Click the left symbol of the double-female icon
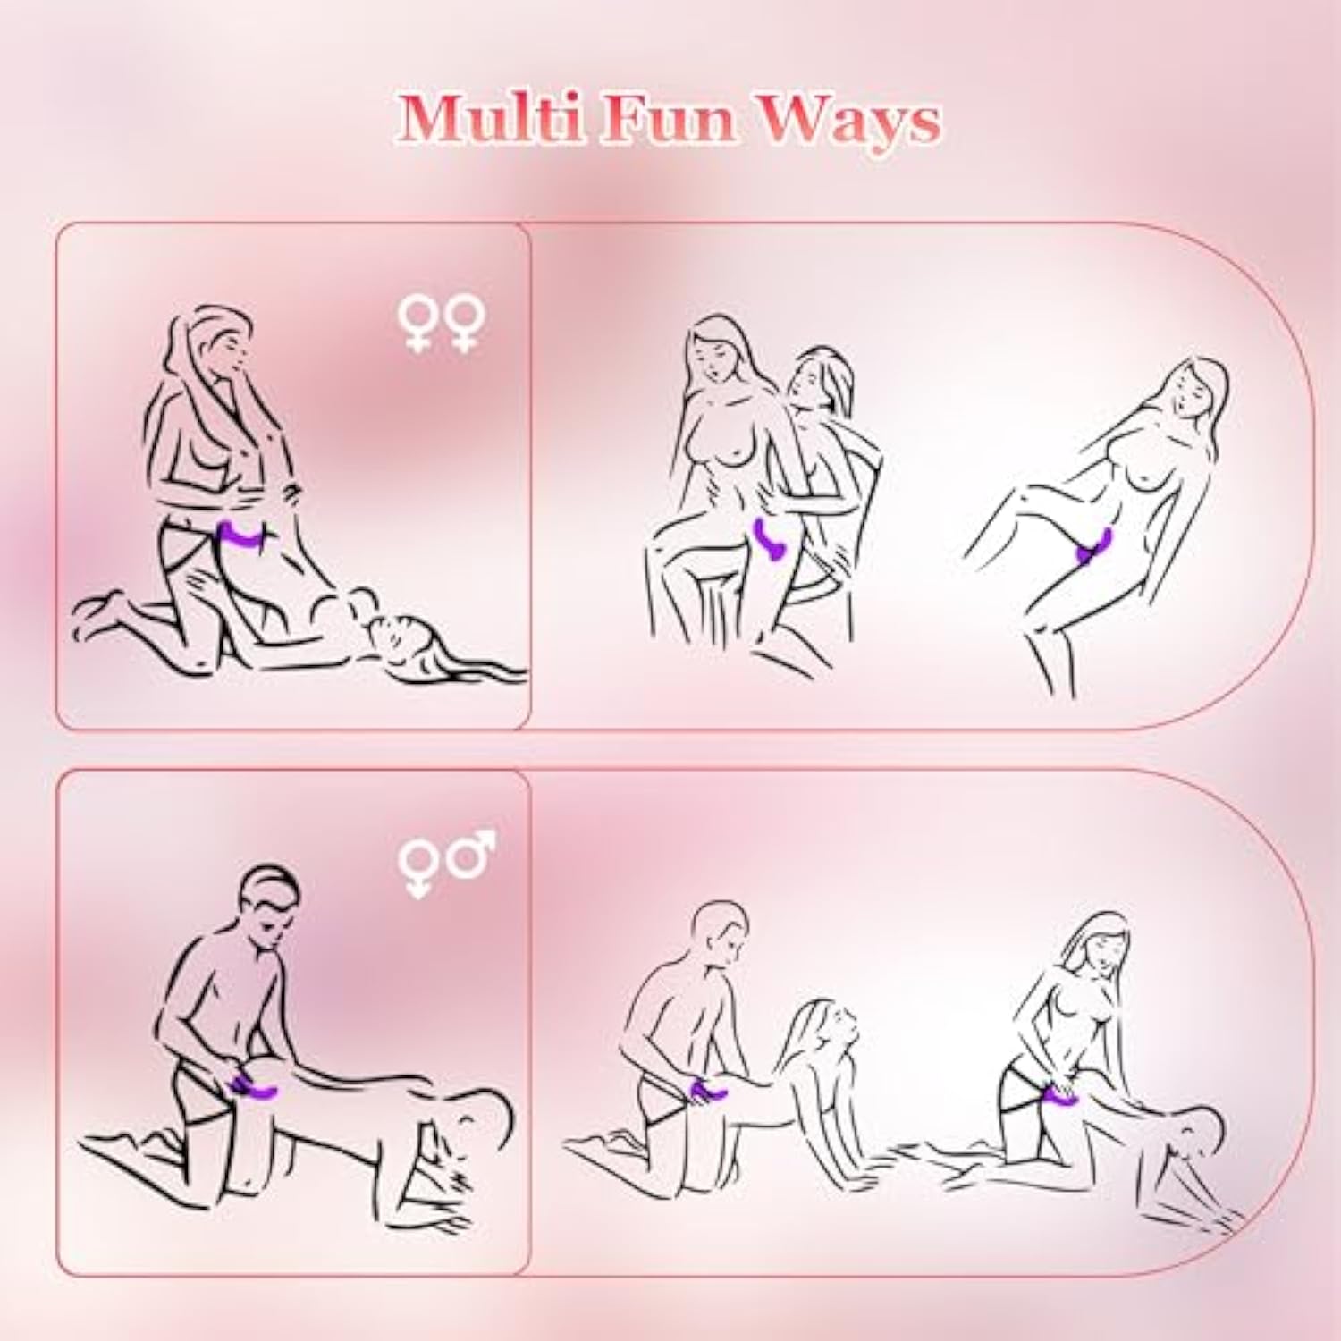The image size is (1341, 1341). [x=417, y=324]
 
